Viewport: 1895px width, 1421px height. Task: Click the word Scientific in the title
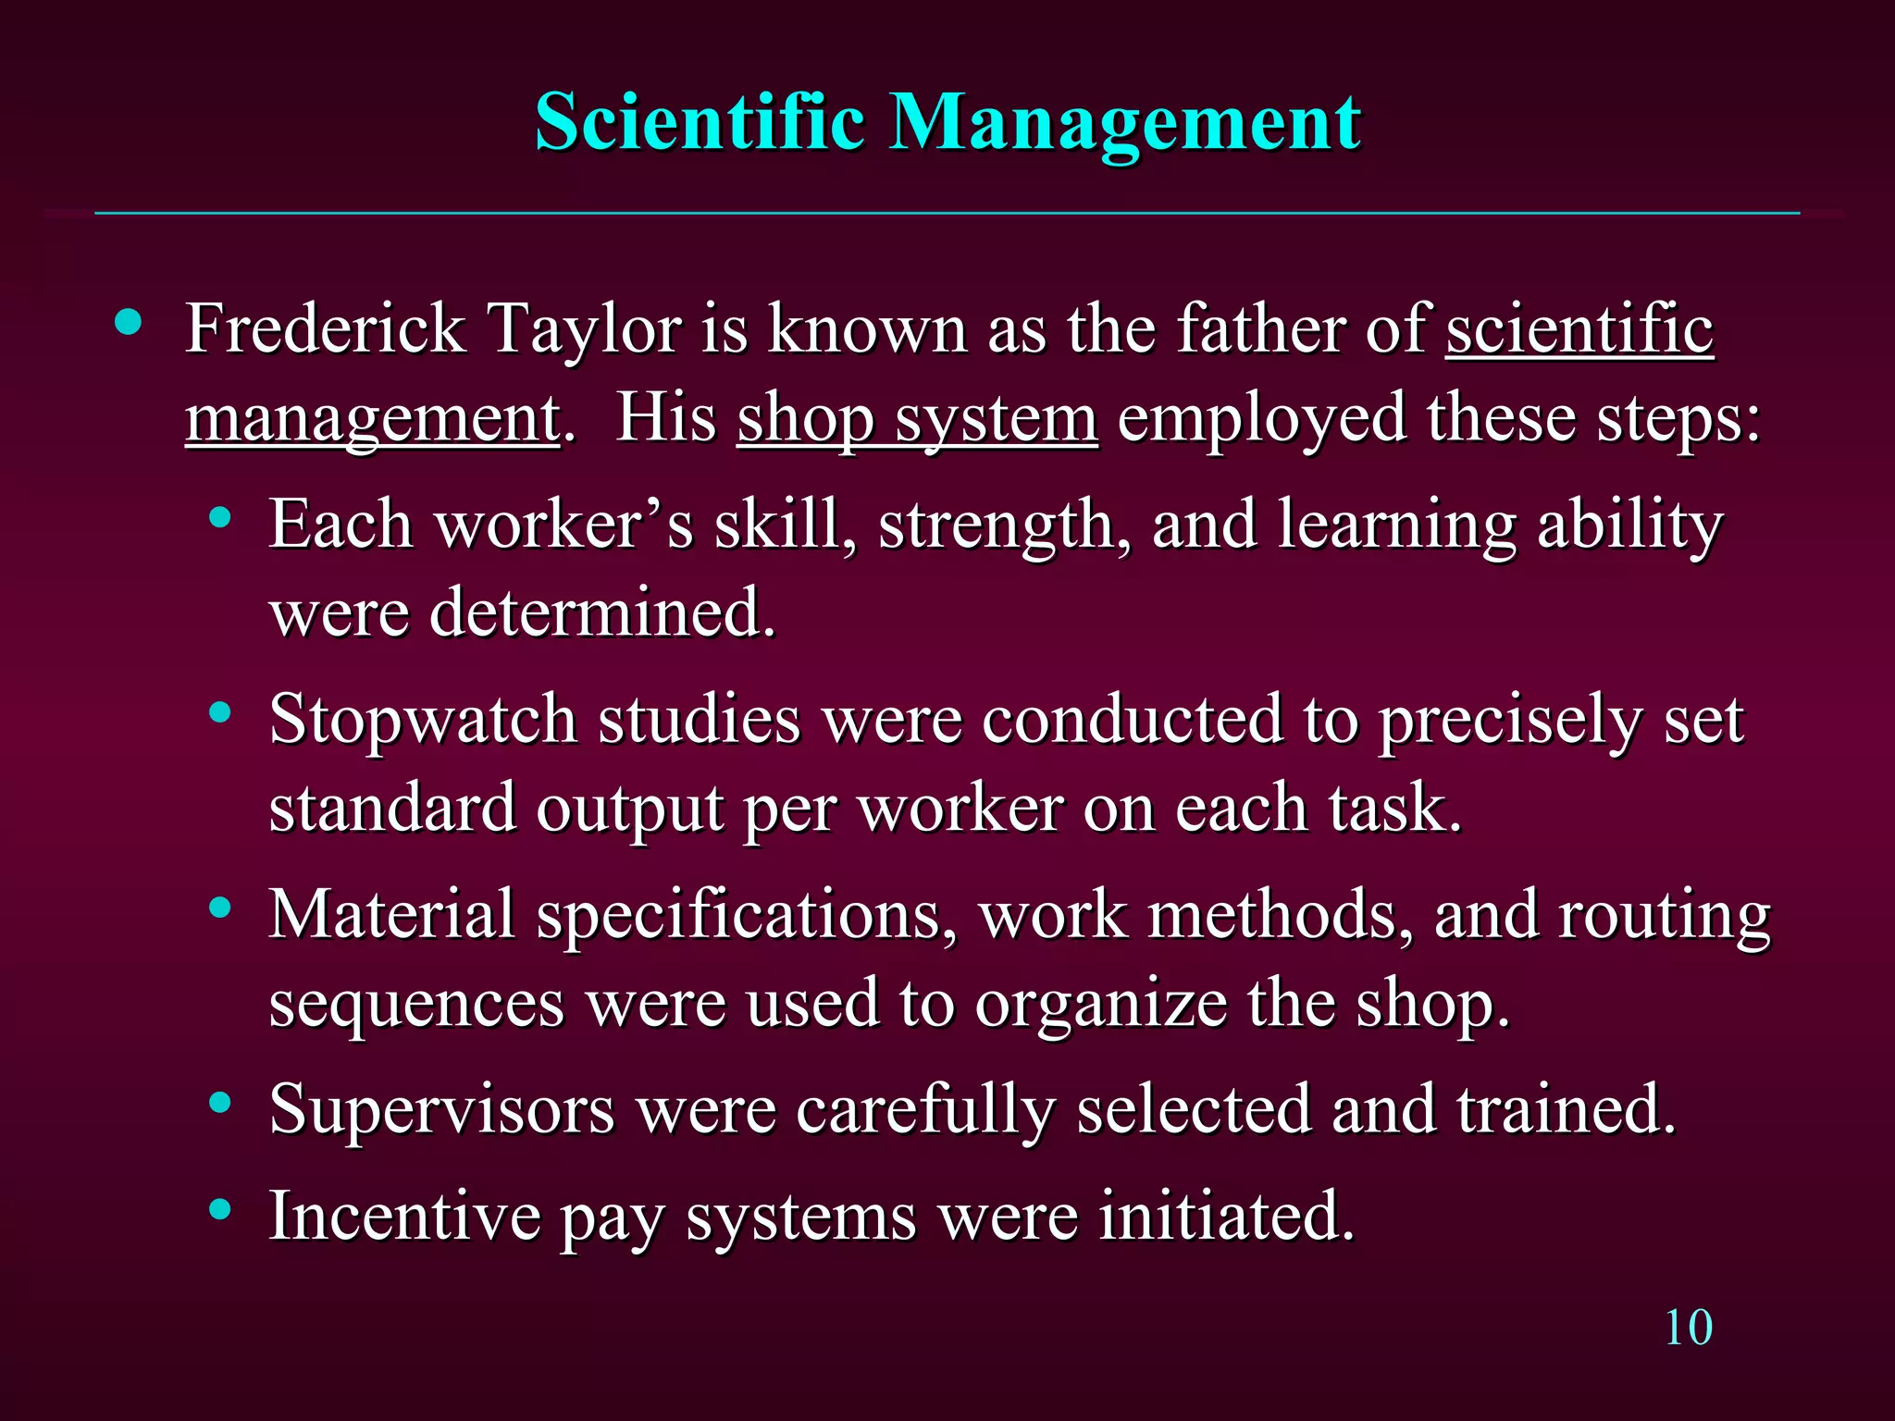click(x=700, y=122)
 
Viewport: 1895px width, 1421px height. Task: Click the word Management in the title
click(x=1124, y=124)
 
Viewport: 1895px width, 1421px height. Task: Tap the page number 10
click(x=1688, y=1328)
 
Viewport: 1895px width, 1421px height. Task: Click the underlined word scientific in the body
click(x=1579, y=329)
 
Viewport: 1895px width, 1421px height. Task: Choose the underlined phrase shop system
click(x=917, y=419)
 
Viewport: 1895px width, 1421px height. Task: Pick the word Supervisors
click(x=441, y=1109)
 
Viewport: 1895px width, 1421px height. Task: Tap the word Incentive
click(x=404, y=1216)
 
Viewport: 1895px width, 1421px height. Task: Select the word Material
click(x=391, y=915)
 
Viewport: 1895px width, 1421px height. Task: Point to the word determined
click(x=601, y=613)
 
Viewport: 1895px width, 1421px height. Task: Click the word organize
click(x=1100, y=1005)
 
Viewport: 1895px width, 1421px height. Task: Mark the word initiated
click(x=1226, y=1216)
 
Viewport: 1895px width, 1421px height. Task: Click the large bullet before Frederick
click(x=129, y=323)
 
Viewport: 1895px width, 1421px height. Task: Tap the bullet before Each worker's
click(x=219, y=518)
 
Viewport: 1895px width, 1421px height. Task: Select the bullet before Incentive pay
click(x=219, y=1208)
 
